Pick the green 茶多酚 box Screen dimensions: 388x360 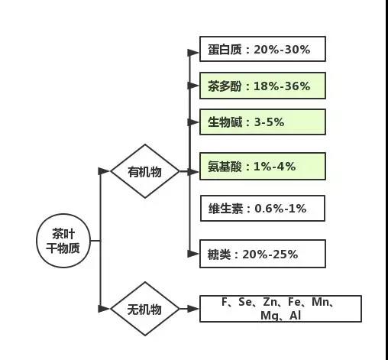tap(263, 86)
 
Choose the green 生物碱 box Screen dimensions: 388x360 tap(263, 122)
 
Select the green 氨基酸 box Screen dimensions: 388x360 tap(263, 167)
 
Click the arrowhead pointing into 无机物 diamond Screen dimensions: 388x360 tap(104, 309)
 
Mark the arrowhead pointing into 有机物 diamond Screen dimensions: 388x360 tap(104, 171)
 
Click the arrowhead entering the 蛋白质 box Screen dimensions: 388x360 tap(193, 53)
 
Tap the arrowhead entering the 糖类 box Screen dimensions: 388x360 tap(193, 254)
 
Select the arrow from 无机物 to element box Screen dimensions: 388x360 tap(189, 309)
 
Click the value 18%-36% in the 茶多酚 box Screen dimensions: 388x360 tap(282, 86)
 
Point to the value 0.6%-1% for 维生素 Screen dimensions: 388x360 tap(280, 209)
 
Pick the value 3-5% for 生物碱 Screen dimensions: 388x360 tap(269, 122)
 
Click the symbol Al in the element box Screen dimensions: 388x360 tap(296, 316)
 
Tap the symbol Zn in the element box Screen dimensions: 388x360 tap(270, 302)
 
